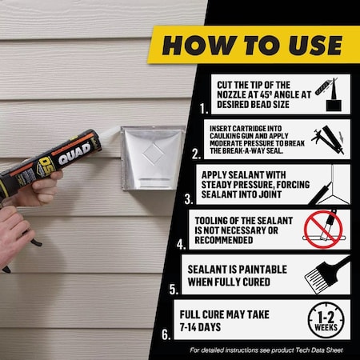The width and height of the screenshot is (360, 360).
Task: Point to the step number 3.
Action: (x=188, y=198)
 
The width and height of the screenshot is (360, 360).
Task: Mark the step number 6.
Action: (x=166, y=334)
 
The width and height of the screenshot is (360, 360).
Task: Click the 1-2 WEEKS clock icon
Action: (x=324, y=319)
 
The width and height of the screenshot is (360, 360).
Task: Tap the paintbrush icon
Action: (x=326, y=274)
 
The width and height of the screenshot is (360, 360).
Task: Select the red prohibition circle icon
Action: (x=323, y=228)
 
